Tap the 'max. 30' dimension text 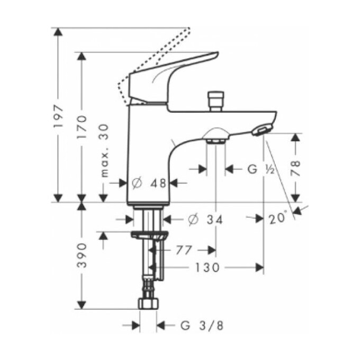tap(104, 150)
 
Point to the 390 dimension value tap(82, 255)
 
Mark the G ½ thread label tap(260, 169)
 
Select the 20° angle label tap(279, 218)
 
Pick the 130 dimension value tap(204, 268)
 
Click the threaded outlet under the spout tap(215, 140)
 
